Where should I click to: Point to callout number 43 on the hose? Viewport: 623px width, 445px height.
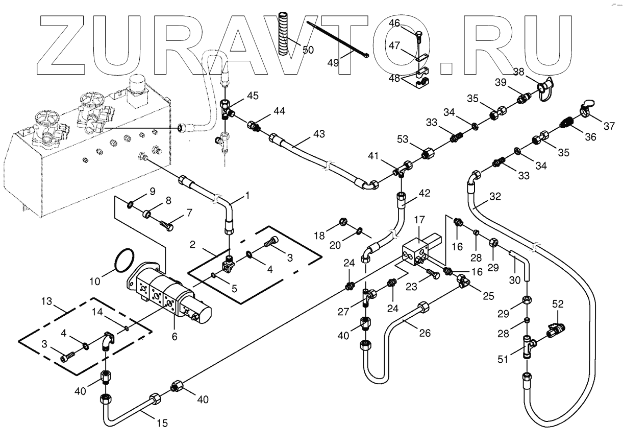(319, 134)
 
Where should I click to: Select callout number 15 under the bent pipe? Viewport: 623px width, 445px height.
(162, 423)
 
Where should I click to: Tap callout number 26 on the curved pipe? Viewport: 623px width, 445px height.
(425, 333)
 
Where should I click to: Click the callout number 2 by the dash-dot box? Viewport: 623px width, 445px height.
(193, 245)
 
